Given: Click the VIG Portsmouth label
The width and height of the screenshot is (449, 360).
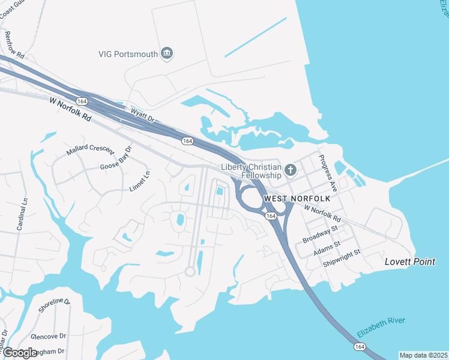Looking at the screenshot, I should coord(128,54).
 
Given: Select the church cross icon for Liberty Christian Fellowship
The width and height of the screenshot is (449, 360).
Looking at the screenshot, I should coord(291,170).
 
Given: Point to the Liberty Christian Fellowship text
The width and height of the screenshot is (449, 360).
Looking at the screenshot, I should coord(251,171).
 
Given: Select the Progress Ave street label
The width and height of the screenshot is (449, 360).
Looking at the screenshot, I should coord(329,173).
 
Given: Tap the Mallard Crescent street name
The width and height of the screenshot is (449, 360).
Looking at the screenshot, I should coord(85,148).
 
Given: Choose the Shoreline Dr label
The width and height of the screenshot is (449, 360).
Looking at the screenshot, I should coord(55,308).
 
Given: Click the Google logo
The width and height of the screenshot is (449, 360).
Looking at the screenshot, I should coord(20,352).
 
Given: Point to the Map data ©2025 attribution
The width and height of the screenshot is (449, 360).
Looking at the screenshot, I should coord(423,355).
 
